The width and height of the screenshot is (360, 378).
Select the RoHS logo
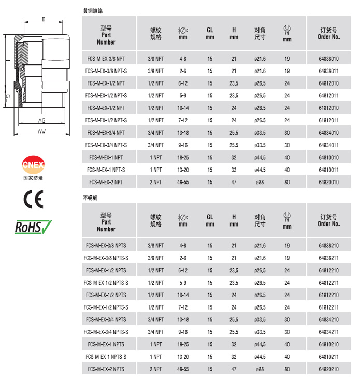tap(33, 227)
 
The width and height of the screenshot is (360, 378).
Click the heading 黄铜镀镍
tap(96, 11)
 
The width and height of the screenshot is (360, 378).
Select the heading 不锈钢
tap(91, 198)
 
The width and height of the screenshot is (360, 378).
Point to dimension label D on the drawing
tap(45, 20)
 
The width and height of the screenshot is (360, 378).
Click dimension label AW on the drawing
tap(41, 131)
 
